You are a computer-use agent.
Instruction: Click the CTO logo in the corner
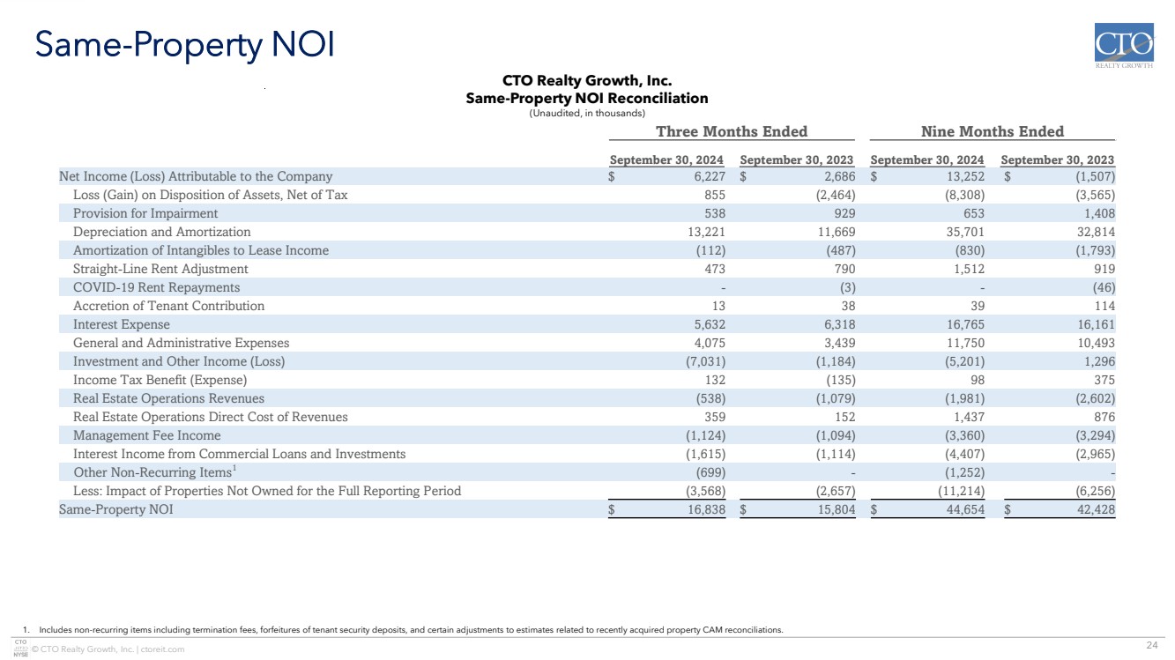(1124, 46)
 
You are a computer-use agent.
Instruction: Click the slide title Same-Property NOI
(184, 46)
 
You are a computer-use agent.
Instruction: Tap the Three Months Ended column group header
(732, 131)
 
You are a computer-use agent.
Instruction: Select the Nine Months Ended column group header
(993, 131)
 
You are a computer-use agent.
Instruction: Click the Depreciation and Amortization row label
(161, 232)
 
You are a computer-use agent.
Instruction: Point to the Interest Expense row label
(121, 324)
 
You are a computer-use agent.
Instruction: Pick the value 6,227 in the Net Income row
(710, 176)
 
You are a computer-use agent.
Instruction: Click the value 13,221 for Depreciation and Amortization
(707, 232)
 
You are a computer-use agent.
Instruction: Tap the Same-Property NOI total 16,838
(707, 509)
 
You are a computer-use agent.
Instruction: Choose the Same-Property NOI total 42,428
(1096, 509)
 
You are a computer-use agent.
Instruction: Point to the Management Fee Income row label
(146, 435)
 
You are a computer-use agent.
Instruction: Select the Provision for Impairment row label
(145, 213)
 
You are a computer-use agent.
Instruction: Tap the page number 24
(1152, 645)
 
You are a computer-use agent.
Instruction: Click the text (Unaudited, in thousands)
(587, 114)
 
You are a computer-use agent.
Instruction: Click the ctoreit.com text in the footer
(162, 649)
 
